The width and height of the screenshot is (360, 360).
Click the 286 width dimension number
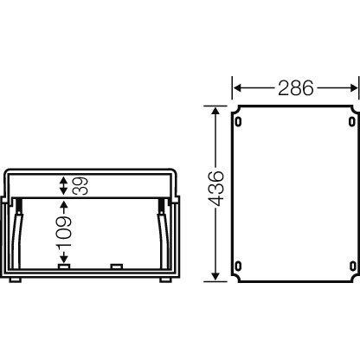[x=296, y=88]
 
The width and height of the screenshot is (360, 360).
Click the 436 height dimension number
[x=216, y=189]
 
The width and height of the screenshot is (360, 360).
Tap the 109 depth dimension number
[x=63, y=231]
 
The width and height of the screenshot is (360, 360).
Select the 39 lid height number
[x=80, y=186]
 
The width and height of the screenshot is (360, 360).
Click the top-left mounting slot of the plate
[x=238, y=121]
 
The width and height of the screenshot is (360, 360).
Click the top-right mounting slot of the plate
[x=351, y=121]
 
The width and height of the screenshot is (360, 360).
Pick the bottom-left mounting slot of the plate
[x=238, y=266]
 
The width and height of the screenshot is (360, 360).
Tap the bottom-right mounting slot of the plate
[x=351, y=266]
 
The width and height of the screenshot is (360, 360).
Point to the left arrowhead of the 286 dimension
[x=237, y=88]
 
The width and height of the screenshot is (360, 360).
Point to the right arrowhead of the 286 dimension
[x=354, y=88]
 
